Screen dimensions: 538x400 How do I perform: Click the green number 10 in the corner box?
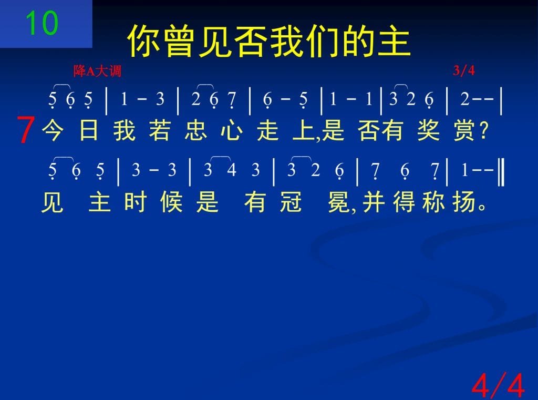click(42, 23)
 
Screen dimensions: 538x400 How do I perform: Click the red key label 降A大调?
click(97, 71)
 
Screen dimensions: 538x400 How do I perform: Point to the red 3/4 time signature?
click(464, 70)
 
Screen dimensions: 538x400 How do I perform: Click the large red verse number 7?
click(26, 130)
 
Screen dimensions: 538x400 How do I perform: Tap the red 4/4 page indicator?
click(498, 385)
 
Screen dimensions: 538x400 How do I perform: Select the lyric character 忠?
click(195, 130)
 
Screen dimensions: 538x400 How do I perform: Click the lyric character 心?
click(232, 130)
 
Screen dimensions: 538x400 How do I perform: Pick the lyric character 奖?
click(429, 130)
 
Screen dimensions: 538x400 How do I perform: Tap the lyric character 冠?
click(291, 202)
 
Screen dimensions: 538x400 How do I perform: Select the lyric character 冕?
click(339, 202)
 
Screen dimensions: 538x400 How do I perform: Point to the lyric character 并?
click(374, 202)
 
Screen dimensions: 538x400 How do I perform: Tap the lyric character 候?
click(171, 202)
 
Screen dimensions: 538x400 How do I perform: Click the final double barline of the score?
click(501, 171)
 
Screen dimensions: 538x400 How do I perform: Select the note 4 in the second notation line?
click(232, 170)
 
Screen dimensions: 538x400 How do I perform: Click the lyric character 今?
click(53, 130)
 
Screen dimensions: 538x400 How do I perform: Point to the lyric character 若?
click(160, 130)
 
